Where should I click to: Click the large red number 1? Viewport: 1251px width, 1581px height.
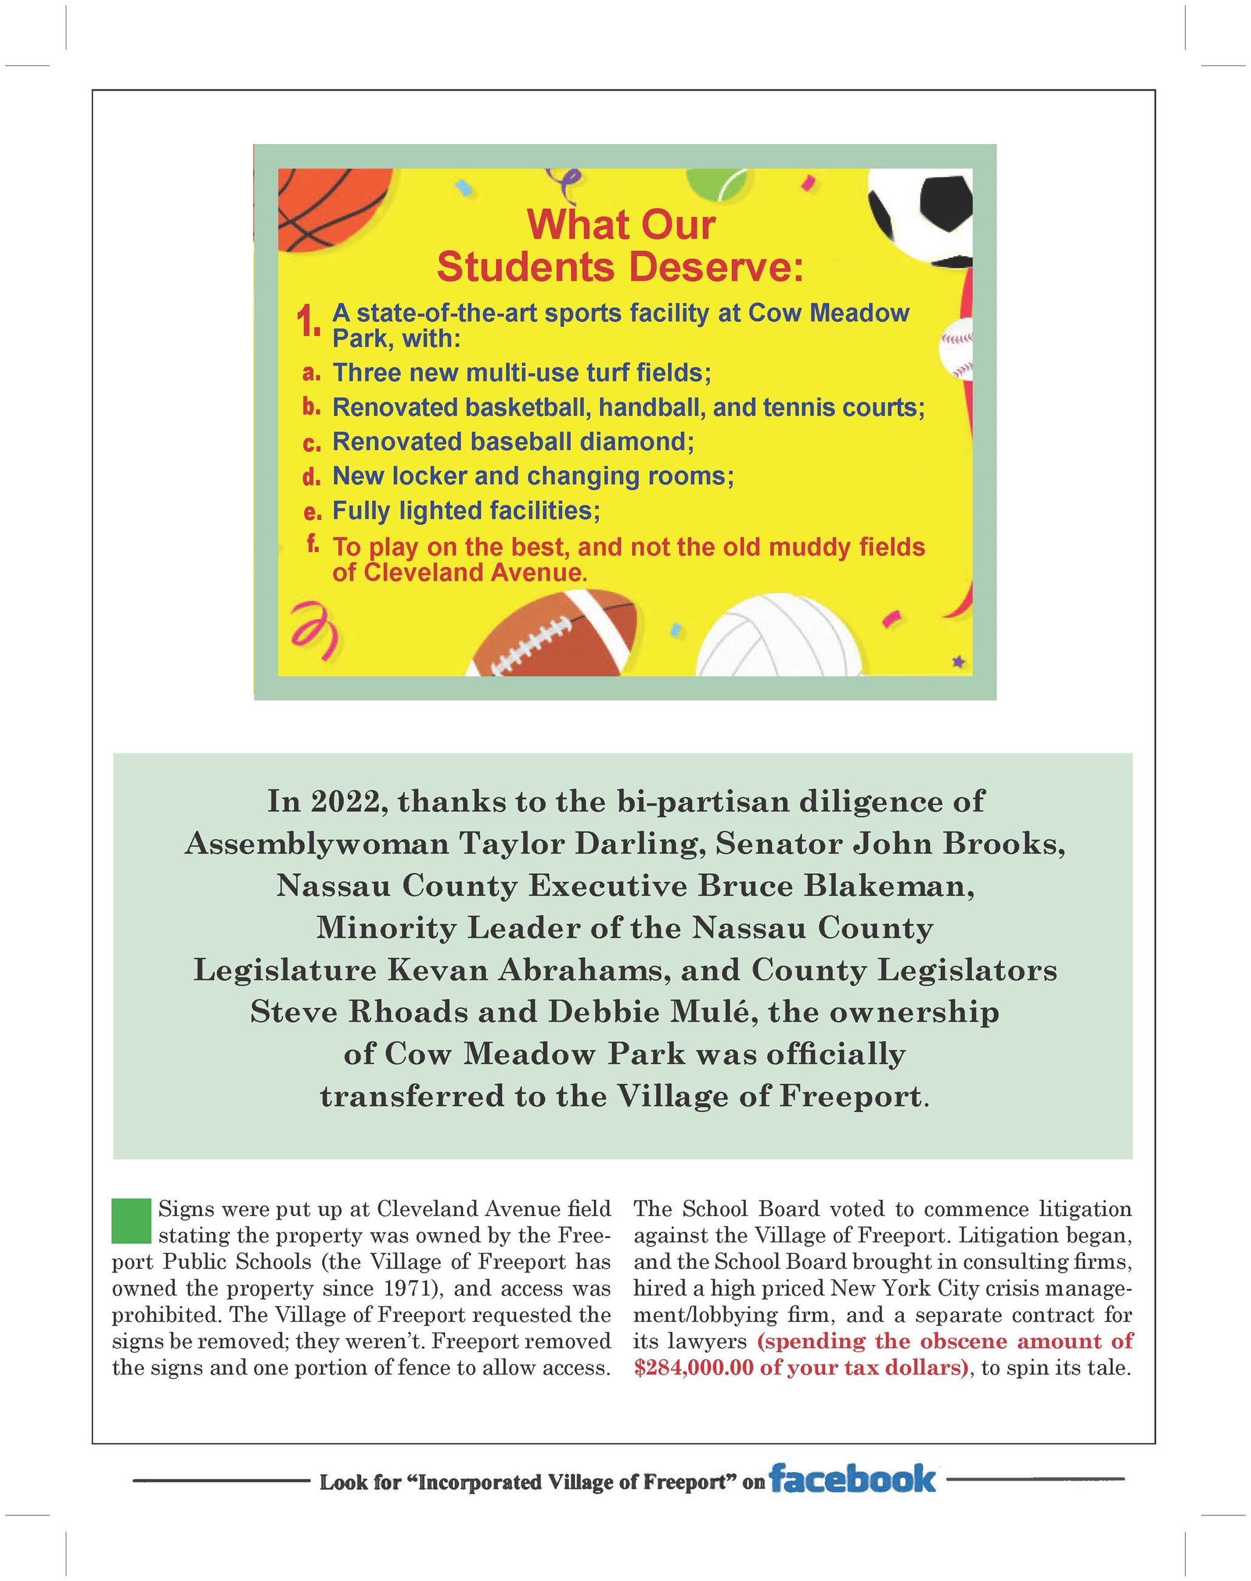click(308, 322)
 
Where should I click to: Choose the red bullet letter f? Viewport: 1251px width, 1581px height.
click(312, 543)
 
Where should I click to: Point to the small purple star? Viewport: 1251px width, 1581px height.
click(958, 663)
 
